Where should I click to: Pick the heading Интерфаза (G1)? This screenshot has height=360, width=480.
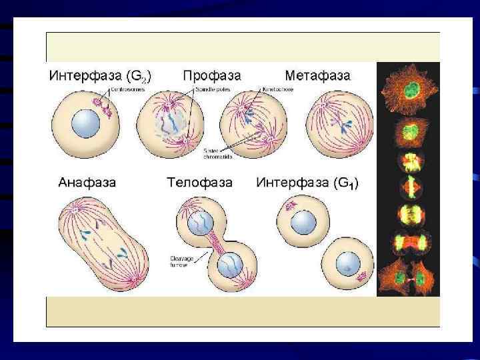(x=307, y=181)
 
